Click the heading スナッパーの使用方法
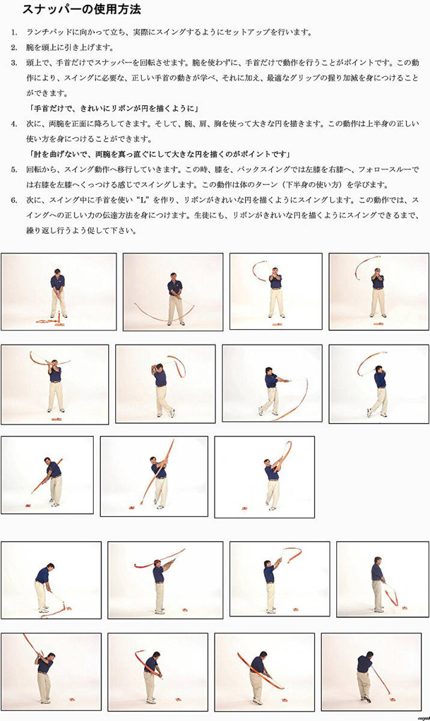pos(82,10)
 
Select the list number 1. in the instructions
pos(14,32)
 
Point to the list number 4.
pos(14,124)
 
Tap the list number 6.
pos(14,199)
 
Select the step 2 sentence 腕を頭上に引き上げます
pos(70,47)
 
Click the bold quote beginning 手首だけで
pos(114,108)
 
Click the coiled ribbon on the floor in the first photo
pos(48,321)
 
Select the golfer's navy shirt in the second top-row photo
pos(174,288)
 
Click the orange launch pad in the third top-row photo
pos(277,324)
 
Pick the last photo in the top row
pos(378,291)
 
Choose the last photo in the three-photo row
pos(264,476)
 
